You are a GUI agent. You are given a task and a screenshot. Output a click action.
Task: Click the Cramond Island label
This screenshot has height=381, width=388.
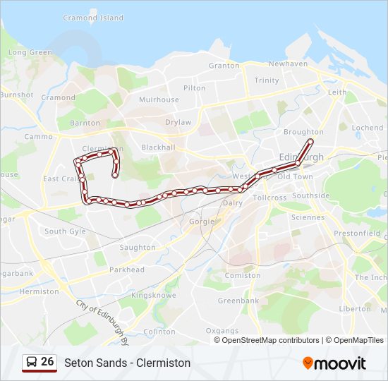pos(92,18)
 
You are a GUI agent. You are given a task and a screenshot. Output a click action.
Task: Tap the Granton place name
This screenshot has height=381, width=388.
pos(224,66)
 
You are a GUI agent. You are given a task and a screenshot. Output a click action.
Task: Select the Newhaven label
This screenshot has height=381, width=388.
pos(288,64)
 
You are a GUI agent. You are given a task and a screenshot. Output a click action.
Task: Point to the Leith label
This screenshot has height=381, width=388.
pos(337,92)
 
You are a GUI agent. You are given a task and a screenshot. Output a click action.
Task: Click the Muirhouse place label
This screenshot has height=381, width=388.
pos(159,100)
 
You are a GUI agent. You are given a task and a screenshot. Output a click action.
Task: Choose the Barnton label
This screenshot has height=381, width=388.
pos(85,123)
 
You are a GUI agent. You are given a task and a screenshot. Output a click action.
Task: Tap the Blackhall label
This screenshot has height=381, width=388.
pos(158,147)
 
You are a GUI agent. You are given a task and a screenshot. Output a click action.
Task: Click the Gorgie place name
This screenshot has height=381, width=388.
pos(201,221)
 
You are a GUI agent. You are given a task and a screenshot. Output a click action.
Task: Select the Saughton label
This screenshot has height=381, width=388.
pos(138,248)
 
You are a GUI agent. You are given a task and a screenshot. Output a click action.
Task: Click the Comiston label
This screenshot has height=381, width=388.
pos(243,276)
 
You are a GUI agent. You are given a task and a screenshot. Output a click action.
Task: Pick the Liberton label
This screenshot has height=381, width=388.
pos(355,309)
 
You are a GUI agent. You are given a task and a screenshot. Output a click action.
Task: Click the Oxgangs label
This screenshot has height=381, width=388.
pos(222,331)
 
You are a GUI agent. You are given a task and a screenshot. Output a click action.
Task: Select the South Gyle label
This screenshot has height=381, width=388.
pos(65,231)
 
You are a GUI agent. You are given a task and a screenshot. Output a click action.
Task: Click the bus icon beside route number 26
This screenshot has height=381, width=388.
pos(31,362)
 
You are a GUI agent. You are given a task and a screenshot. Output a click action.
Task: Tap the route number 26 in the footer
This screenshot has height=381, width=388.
pos(47,362)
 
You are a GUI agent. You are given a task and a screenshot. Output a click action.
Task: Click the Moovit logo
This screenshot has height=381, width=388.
pos(334,363)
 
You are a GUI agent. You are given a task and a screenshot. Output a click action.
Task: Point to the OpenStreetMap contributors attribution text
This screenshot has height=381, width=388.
pos(271,340)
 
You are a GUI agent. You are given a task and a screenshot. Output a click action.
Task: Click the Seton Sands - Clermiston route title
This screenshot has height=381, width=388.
pos(127,363)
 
